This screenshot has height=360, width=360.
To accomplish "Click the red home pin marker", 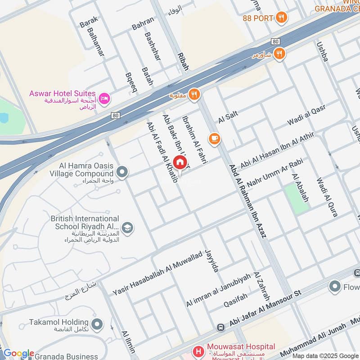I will click(180, 162).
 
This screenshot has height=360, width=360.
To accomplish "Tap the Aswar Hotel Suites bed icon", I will click(104, 99).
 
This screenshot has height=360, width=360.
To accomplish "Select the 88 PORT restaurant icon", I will click(282, 18).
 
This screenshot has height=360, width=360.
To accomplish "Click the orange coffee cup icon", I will click(215, 139).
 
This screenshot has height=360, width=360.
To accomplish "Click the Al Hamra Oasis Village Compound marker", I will click(121, 172).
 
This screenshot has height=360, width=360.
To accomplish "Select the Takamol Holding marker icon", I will click(97, 324).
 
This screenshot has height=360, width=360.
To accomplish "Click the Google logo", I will click(18, 353).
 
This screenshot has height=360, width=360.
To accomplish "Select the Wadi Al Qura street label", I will click(327, 197).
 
